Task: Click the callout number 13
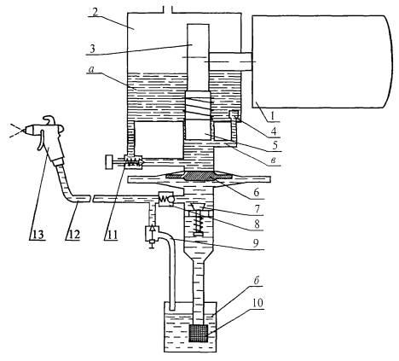37,235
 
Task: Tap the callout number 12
73,235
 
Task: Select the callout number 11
111,235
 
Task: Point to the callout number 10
257,303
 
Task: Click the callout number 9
257,244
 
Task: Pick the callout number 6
257,193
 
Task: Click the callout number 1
272,116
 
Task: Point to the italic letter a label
91,70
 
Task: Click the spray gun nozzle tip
23,131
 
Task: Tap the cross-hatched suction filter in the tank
199,333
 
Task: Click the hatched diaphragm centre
199,177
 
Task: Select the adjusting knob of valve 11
109,162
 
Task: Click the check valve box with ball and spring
165,199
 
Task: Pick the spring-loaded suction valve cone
198,207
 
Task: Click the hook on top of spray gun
49,119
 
